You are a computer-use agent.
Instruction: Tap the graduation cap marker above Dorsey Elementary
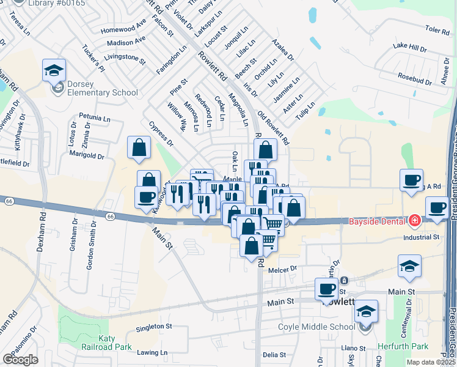pyautogui.click(x=54, y=70)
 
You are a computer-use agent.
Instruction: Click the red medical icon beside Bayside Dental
pyautogui.click(x=415, y=220)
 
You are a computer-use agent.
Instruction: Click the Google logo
pyautogui.click(x=20, y=359)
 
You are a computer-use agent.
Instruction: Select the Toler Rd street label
pyautogui.click(x=436, y=29)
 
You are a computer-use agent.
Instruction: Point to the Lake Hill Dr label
pyautogui.click(x=410, y=46)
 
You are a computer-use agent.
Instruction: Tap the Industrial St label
pyautogui.click(x=420, y=237)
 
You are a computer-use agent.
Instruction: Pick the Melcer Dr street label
pyautogui.click(x=282, y=268)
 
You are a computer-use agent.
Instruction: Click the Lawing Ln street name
pyautogui.click(x=152, y=353)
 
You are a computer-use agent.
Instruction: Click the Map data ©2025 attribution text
pyautogui.click(x=431, y=362)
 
